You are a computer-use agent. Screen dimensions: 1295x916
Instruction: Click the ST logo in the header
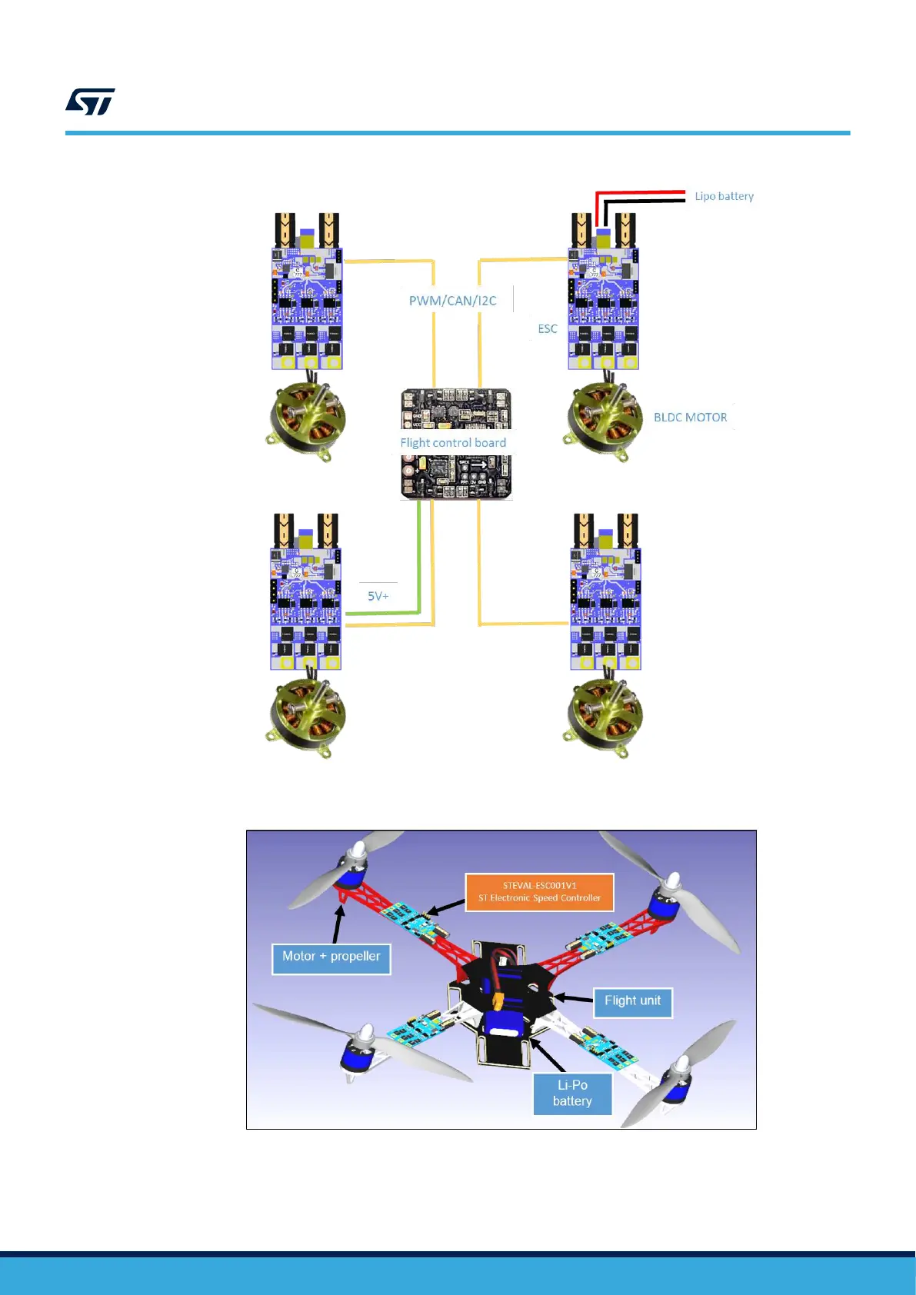[90, 102]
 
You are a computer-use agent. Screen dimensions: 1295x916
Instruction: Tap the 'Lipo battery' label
[724, 196]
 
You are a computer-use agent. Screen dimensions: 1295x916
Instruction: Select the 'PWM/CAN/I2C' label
[452, 301]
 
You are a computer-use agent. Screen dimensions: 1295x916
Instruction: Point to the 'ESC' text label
[547, 329]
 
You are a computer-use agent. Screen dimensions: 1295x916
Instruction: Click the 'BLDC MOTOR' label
[690, 418]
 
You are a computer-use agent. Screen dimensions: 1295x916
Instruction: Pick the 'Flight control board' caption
[453, 443]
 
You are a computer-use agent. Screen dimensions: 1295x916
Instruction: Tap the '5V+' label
[378, 596]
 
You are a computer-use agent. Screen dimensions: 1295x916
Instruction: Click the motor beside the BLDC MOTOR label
[605, 420]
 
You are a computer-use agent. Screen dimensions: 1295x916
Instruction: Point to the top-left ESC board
[307, 308]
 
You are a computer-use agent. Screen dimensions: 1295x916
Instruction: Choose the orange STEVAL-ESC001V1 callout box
[539, 892]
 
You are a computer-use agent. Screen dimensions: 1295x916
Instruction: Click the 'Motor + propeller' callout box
[331, 958]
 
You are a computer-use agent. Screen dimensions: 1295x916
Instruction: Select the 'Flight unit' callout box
[632, 1001]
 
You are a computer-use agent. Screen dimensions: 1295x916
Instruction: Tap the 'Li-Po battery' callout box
[572, 1093]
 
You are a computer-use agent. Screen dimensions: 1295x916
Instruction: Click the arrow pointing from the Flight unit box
[573, 998]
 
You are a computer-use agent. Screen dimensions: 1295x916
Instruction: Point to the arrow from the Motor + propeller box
[338, 923]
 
